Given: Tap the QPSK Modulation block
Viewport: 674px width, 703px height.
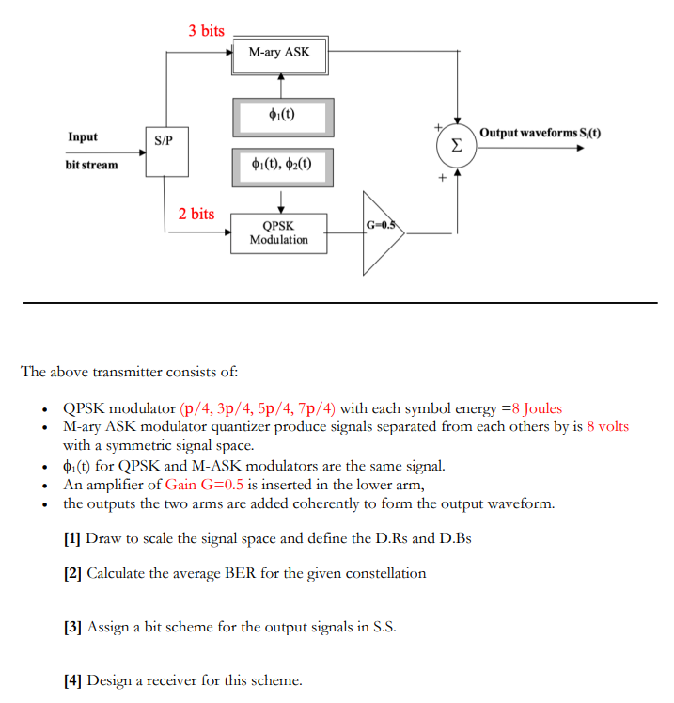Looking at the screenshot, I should pos(278,232).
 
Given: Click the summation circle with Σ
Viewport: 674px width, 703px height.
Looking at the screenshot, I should pos(456,147).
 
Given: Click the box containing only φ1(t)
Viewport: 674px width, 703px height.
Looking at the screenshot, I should pos(280,116).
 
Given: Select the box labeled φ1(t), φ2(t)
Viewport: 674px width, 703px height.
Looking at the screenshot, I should pos(280,165).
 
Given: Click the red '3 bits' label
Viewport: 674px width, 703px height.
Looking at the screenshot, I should pos(206,30).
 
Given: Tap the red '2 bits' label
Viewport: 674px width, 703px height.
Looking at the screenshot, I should pos(196,214).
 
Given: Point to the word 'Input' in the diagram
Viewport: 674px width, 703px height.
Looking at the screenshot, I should pos(83,137).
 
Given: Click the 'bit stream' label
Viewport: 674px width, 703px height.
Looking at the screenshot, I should pos(91,165).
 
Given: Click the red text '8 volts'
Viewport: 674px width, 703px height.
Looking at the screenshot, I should pos(607,426).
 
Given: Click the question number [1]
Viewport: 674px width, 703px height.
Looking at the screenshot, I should pos(72,538).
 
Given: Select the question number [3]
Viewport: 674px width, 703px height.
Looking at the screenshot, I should pos(72,628).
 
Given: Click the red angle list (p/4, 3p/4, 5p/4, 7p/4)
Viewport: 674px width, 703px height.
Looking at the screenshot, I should pos(257,408).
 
